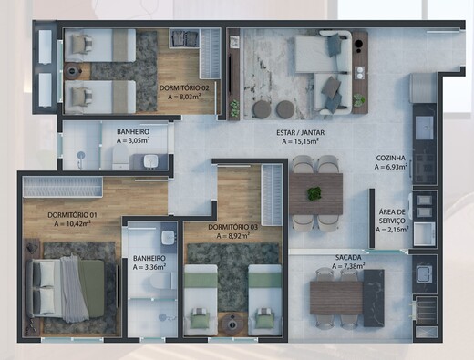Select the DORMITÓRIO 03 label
232,227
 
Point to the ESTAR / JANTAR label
301,133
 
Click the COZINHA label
391,159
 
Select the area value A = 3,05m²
133,141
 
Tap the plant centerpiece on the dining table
314,193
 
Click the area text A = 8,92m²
232,236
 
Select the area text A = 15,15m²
301,142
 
